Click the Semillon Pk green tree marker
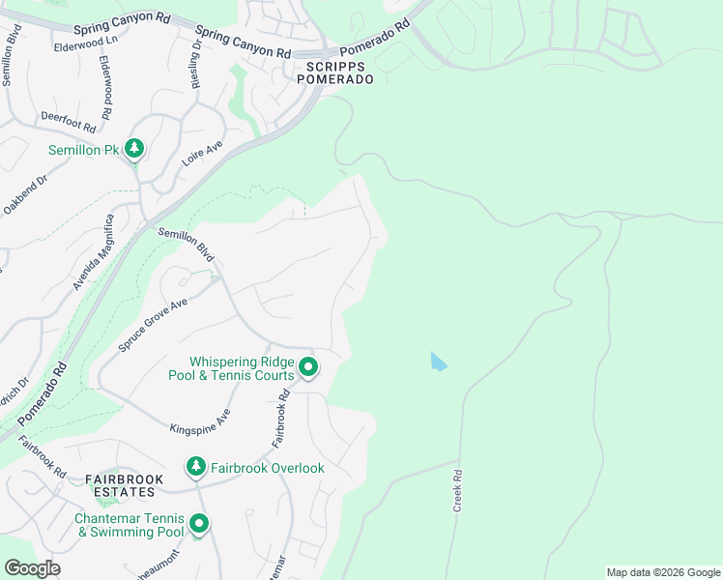tap(134, 149)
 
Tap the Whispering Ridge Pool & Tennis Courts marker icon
tap(308, 367)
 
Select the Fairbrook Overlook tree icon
tap(196, 468)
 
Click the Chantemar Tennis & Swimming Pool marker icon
tap(199, 525)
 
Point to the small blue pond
tap(438, 362)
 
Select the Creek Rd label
tap(457, 491)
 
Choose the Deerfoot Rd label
tap(69, 121)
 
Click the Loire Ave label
tap(203, 154)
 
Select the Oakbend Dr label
tap(24, 195)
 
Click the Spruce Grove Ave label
tap(153, 324)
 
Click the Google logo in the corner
tap(32, 568)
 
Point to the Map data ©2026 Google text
tap(663, 572)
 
